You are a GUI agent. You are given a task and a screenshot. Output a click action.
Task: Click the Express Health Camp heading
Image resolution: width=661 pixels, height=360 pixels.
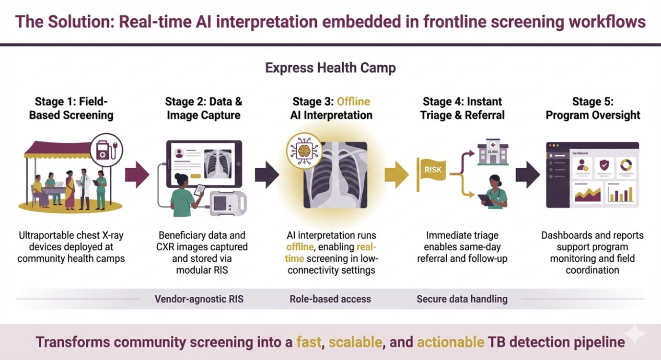(330, 68)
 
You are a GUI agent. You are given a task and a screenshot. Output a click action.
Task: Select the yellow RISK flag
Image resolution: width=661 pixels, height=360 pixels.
(432, 170)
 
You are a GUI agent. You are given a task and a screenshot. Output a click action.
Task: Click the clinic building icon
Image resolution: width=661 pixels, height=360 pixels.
(493, 153)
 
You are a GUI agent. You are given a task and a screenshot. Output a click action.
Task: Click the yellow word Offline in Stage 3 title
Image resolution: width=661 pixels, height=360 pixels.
(353, 102)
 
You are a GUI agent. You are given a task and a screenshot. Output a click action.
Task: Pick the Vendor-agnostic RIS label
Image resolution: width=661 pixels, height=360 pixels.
(199, 299)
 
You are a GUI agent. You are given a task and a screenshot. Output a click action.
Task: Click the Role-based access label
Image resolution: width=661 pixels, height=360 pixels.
(330, 299)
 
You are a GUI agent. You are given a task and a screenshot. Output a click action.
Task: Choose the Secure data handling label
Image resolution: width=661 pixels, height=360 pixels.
(462, 299)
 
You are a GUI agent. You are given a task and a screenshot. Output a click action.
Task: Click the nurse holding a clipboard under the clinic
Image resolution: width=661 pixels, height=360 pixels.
(495, 193)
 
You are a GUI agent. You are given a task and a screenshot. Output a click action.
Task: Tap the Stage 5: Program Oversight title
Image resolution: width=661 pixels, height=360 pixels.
(593, 108)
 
